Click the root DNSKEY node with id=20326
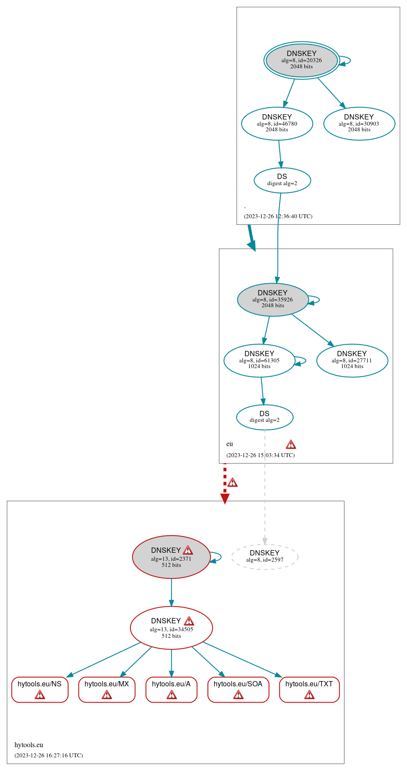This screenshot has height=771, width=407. tap(302, 60)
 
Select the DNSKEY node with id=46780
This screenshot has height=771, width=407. tap(277, 123)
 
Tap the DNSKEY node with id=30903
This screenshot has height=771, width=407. tap(359, 123)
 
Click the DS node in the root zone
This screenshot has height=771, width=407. tap(282, 180)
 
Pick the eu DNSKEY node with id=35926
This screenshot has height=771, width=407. tap(273, 299)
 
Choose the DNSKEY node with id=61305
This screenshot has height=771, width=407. tap(259, 360)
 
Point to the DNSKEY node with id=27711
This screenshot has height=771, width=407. tap(352, 360)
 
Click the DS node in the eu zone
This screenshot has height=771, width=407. tap(265, 417)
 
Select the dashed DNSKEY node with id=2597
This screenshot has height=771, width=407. tap(265, 556)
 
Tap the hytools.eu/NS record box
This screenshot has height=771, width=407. tap(40, 689)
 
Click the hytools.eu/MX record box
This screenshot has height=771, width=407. tap(107, 689)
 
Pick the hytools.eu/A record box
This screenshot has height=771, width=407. tap(171, 689)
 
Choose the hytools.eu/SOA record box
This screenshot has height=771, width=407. tap(238, 689)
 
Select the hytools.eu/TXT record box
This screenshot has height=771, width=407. tap(309, 689)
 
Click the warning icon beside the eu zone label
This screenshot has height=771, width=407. tap(291, 444)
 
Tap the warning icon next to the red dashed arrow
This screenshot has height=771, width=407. tap(232, 482)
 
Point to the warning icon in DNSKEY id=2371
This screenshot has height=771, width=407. tap(188, 550)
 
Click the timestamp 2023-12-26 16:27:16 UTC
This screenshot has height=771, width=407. tap(48, 755)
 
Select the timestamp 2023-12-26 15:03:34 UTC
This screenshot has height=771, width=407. tap(260, 455)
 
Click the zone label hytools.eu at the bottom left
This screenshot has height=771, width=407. tap(29, 745)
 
